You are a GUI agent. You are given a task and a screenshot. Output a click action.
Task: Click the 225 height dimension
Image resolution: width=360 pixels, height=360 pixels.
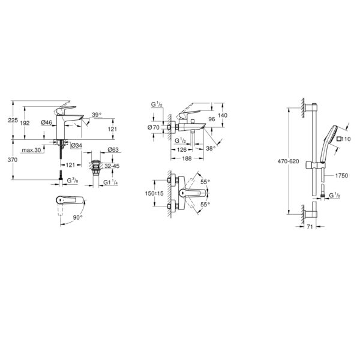13,120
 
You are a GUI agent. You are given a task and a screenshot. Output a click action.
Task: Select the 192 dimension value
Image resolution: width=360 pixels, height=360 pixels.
25,123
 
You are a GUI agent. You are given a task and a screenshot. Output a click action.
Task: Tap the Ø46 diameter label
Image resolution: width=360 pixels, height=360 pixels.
47,122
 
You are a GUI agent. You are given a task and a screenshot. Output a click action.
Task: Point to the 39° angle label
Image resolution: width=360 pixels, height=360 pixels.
97,115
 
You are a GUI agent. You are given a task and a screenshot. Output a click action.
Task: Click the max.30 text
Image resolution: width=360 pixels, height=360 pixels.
31,150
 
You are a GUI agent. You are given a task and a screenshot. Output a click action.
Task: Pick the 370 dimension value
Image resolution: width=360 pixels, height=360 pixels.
13,160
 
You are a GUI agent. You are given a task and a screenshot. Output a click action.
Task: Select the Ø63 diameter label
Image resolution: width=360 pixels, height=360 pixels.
113,150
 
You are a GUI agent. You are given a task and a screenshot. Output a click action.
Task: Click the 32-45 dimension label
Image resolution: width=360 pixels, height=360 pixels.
112,166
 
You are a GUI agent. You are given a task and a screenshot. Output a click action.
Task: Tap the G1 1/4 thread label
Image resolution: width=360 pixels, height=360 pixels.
110,182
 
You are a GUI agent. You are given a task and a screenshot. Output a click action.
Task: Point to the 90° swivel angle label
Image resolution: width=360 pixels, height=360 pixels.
78,217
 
